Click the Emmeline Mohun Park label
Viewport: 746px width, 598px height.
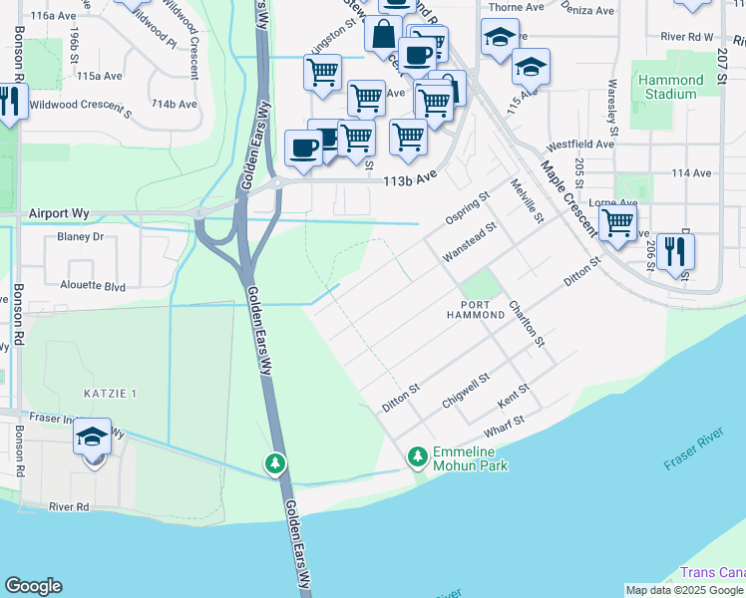point(470,458)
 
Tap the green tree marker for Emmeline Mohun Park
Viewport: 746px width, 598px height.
point(417,457)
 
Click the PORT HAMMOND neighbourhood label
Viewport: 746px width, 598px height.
point(483,308)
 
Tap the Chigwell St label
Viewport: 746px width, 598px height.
point(466,392)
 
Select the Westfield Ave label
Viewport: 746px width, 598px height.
point(581,145)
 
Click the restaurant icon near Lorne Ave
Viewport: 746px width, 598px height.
point(675,252)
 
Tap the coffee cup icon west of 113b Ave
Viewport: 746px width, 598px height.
point(303,148)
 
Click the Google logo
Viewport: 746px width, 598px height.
point(33,586)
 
